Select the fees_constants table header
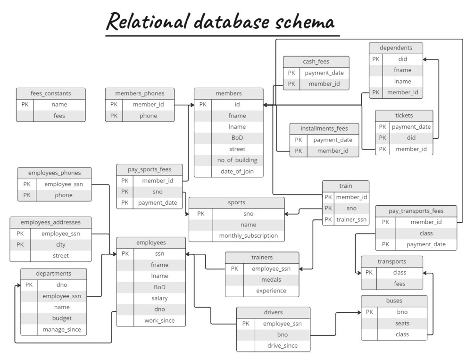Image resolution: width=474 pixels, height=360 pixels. pos(51,93)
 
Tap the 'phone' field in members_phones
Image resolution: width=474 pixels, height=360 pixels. pos(148,116)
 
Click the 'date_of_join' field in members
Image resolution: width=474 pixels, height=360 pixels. pos(237,171)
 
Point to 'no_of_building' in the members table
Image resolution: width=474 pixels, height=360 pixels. pos(237,160)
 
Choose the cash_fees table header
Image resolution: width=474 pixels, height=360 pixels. pos(316,62)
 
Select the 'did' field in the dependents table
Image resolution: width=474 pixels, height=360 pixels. pos(402,59)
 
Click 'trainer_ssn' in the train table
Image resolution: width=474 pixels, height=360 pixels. pos(351,219)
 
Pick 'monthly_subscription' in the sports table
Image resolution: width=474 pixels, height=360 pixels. pos(248,235)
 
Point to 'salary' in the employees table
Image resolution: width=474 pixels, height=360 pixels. pos(159,298)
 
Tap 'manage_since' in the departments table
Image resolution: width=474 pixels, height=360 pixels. pos(61,329)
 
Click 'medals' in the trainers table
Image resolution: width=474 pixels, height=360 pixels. pos(271,280)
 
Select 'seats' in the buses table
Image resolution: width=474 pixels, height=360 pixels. pos(402,323)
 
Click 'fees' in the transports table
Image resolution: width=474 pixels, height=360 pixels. pos(399,284)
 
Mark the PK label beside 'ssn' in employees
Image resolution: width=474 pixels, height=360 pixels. pos(125,253)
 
